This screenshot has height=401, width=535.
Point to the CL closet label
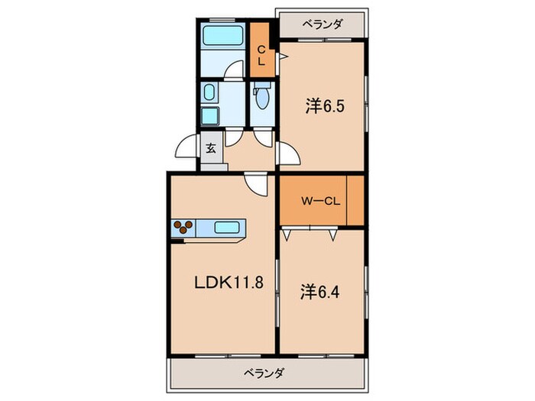(261, 56)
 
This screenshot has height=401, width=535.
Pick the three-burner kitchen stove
(184, 227)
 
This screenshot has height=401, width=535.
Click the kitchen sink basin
(229, 227)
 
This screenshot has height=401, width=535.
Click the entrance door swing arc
(186, 147)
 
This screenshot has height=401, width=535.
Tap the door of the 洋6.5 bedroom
(288, 154)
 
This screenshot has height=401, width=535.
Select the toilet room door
(263, 137)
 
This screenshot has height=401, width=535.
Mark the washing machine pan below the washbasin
(209, 116)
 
